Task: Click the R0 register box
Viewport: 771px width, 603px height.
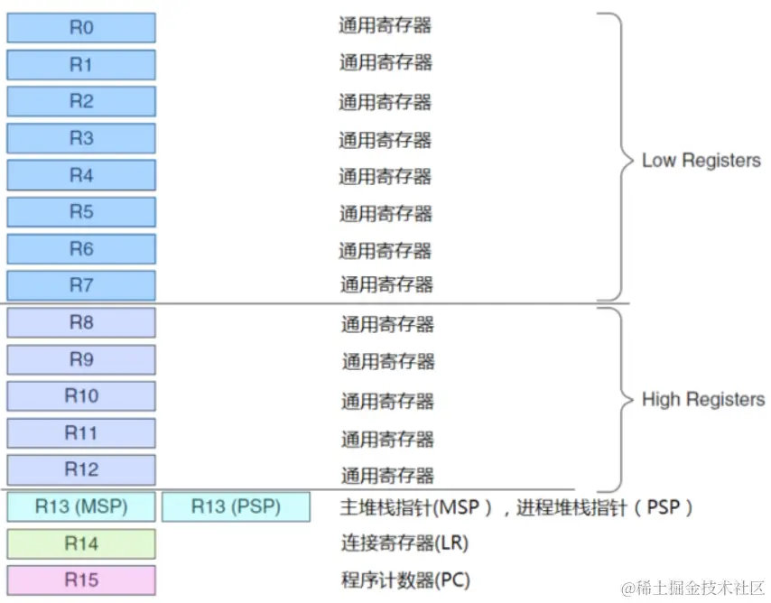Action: pos(81,28)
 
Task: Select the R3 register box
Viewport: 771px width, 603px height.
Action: pos(81,138)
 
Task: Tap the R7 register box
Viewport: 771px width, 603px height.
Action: pos(81,285)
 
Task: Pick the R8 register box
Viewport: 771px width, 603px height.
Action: pos(81,322)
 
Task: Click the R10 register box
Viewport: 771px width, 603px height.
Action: pos(81,396)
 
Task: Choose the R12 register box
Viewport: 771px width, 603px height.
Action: pos(81,469)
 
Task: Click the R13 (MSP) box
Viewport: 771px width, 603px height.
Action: pos(81,507)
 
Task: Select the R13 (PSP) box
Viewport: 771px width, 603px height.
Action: pos(236,507)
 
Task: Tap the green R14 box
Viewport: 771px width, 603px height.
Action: pos(81,543)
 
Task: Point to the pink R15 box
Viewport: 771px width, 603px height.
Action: pos(81,580)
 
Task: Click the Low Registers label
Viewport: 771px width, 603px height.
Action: pos(701,161)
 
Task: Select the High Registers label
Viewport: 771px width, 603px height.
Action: pos(702,399)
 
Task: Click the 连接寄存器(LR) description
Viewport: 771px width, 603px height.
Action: pos(404,543)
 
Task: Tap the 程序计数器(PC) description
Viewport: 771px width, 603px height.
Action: pos(404,580)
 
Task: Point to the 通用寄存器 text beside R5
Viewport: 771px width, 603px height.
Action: pos(385,213)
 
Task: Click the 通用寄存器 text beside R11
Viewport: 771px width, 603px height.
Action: pos(387,439)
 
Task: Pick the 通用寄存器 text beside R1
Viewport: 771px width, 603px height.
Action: pos(385,62)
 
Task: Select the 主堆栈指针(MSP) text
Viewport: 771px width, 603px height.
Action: pos(416,507)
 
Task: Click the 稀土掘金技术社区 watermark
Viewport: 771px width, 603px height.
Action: pos(691,588)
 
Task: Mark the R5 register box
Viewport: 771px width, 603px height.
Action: pos(81,212)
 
